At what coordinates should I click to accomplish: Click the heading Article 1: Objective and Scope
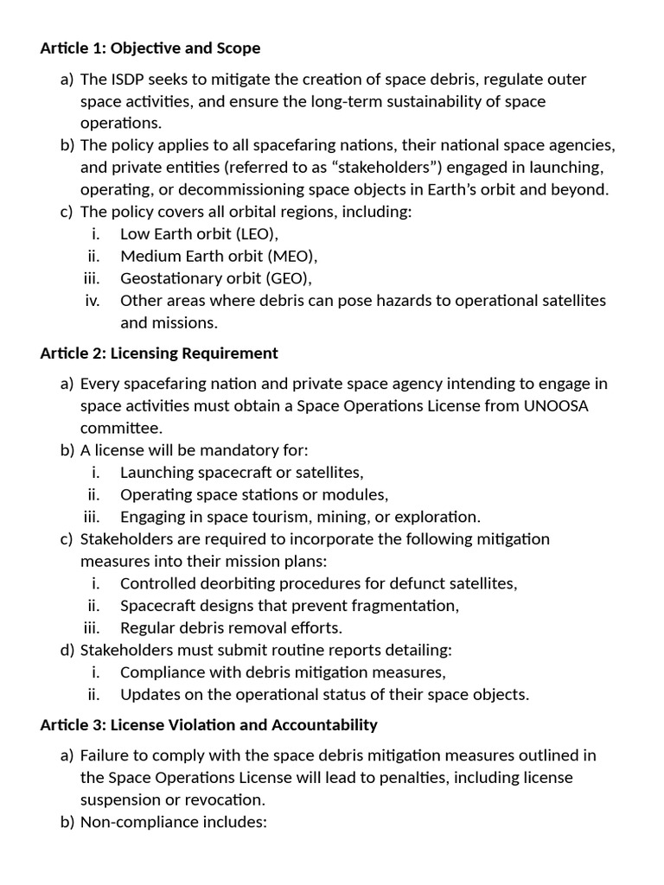click(x=150, y=48)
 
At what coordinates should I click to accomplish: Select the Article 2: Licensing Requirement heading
click(x=159, y=353)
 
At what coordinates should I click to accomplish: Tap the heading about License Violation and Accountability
click(x=208, y=724)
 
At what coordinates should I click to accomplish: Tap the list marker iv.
click(x=93, y=301)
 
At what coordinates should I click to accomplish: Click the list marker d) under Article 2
click(x=67, y=650)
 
